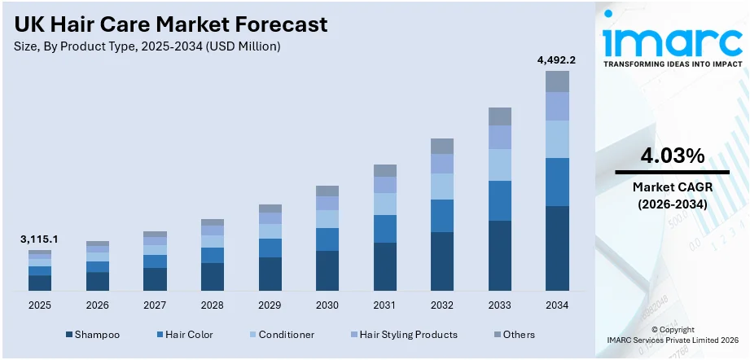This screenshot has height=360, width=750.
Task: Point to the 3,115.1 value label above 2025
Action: click(x=39, y=239)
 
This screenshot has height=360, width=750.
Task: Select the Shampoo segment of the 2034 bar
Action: click(x=557, y=248)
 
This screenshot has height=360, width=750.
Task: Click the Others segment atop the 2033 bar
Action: click(x=499, y=116)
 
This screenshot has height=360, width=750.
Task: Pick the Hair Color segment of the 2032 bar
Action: click(x=441, y=216)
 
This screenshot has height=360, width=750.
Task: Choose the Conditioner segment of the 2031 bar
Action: click(x=384, y=204)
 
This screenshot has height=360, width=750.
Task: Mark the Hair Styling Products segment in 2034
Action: click(x=557, y=106)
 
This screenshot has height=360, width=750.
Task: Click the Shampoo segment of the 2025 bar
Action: click(x=39, y=283)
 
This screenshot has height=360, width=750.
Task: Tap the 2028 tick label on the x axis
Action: click(x=212, y=305)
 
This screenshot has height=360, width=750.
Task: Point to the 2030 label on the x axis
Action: click(x=327, y=305)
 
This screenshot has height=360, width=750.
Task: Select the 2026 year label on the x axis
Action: click(x=97, y=305)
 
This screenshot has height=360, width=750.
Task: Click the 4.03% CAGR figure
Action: click(x=672, y=156)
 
